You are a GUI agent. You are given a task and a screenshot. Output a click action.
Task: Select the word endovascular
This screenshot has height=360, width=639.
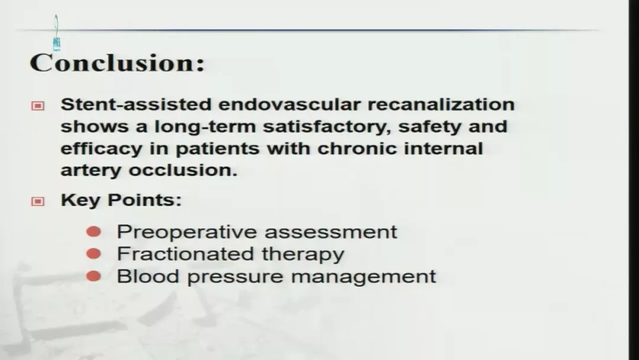(289, 104)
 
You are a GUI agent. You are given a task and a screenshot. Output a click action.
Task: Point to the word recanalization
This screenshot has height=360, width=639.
(441, 104)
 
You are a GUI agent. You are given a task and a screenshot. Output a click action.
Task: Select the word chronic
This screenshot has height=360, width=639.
(357, 147)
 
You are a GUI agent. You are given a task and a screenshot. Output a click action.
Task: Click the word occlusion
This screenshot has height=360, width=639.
(183, 169)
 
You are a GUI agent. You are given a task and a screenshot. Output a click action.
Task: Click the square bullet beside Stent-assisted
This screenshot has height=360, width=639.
(38, 106)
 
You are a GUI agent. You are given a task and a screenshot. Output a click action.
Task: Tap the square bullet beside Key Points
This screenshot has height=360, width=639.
(38, 201)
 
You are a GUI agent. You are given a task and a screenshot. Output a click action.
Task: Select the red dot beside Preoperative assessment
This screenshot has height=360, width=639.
(93, 232)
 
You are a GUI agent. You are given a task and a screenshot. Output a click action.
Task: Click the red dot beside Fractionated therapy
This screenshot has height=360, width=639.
(93, 254)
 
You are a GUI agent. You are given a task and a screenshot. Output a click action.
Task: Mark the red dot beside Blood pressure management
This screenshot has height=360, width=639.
(93, 277)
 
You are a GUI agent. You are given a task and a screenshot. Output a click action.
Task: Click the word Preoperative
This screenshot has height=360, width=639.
(188, 232)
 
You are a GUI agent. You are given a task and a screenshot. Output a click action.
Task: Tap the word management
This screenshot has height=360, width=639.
(363, 277)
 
